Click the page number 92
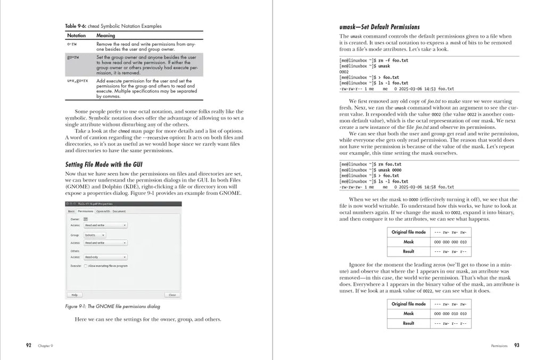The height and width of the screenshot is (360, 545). [x=29, y=345]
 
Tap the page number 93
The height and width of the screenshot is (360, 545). [x=516, y=345]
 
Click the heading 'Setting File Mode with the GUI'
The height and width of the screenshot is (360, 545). [x=103, y=165]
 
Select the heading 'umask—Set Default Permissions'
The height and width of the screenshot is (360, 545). [x=379, y=27]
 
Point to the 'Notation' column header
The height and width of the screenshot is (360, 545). [x=76, y=36]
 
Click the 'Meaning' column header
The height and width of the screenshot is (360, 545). [x=105, y=36]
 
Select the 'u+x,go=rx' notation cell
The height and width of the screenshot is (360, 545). [x=77, y=81]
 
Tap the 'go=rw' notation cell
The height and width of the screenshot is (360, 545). [x=73, y=56]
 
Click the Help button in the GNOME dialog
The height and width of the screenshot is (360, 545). [x=75, y=294]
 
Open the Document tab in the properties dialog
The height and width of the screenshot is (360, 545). [x=119, y=211]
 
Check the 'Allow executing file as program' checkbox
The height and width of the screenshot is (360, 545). [x=86, y=266]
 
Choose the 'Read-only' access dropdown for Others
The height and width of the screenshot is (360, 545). [x=105, y=257]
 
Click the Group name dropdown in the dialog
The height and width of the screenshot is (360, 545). [x=94, y=235]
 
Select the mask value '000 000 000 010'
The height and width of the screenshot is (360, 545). [x=450, y=242]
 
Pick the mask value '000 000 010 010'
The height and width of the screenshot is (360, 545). [x=450, y=314]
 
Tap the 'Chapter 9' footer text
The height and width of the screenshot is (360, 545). [x=45, y=346]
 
